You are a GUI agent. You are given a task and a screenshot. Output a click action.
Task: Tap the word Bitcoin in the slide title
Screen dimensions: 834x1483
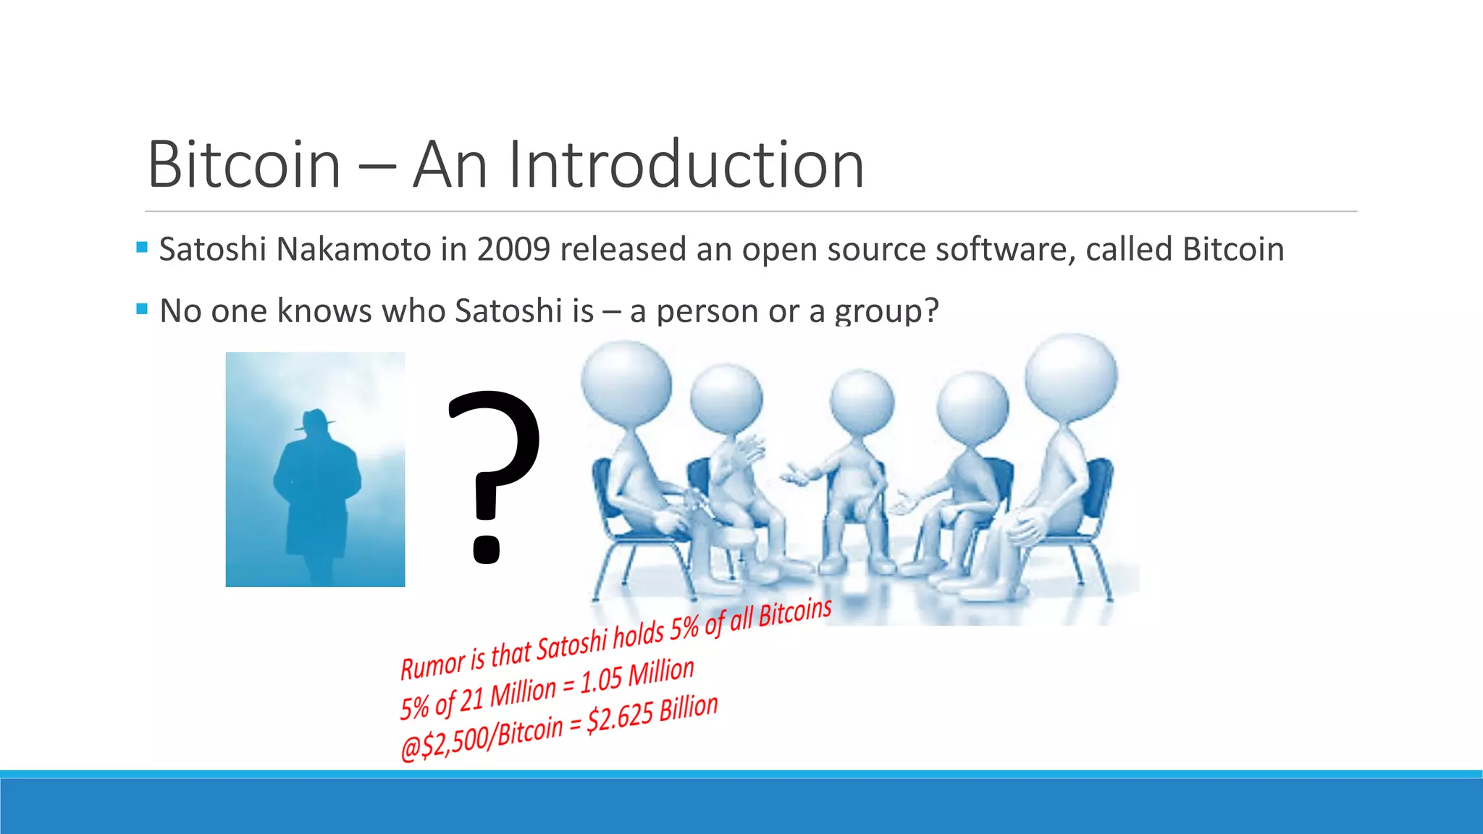coord(244,165)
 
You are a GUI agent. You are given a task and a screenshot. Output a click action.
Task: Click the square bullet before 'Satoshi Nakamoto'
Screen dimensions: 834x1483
coord(142,248)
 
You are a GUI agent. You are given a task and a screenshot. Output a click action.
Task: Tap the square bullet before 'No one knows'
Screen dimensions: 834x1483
coord(142,309)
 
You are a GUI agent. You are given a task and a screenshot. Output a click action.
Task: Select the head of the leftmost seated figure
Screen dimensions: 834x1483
coord(626,382)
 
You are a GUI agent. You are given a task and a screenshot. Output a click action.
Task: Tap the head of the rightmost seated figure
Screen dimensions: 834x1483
coord(1071,377)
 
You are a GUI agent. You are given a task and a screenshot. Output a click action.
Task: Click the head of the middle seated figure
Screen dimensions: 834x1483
coord(862,403)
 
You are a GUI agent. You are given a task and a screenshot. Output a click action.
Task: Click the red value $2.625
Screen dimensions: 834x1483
coord(620,717)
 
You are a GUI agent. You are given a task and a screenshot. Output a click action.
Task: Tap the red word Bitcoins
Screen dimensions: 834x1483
coord(794,613)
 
